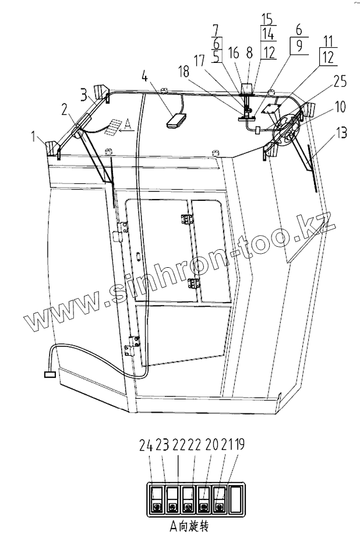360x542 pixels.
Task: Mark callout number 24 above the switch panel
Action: point(146,447)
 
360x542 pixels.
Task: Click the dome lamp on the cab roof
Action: point(175,121)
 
